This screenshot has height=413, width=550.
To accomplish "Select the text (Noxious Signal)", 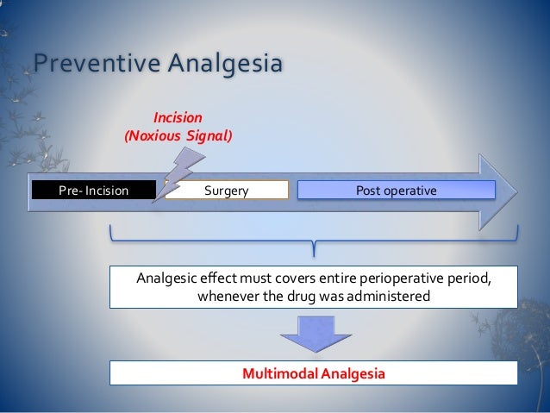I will coord(179,135).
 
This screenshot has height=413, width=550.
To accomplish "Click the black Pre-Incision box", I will coord(93,190).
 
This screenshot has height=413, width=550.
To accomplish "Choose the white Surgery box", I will coord(227,190).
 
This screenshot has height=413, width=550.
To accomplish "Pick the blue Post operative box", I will coord(397,190).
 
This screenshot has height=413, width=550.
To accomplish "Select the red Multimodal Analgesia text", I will coord(313,374).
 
